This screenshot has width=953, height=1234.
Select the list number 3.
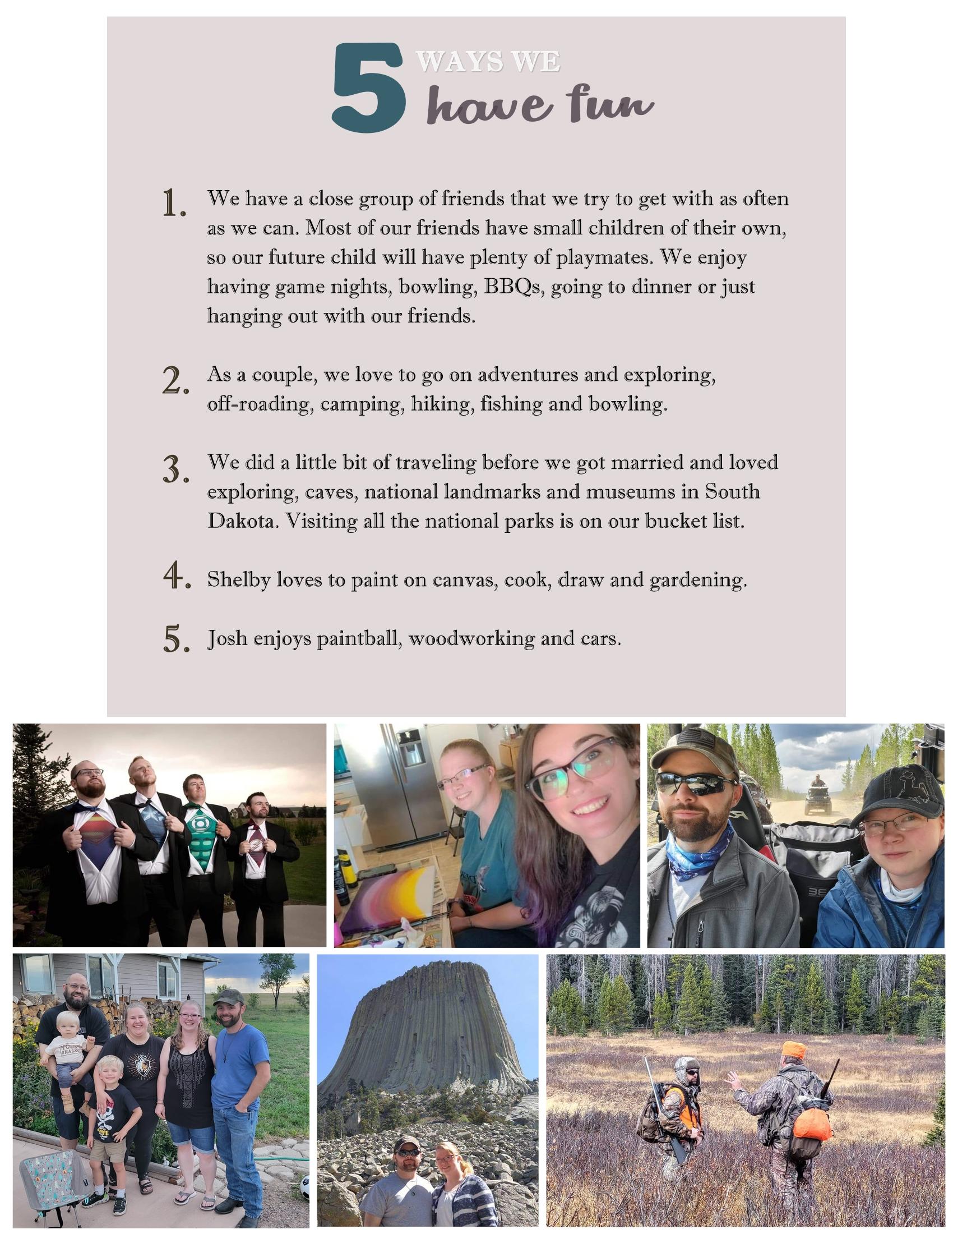click(175, 470)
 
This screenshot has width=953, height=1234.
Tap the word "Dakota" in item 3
click(242, 521)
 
